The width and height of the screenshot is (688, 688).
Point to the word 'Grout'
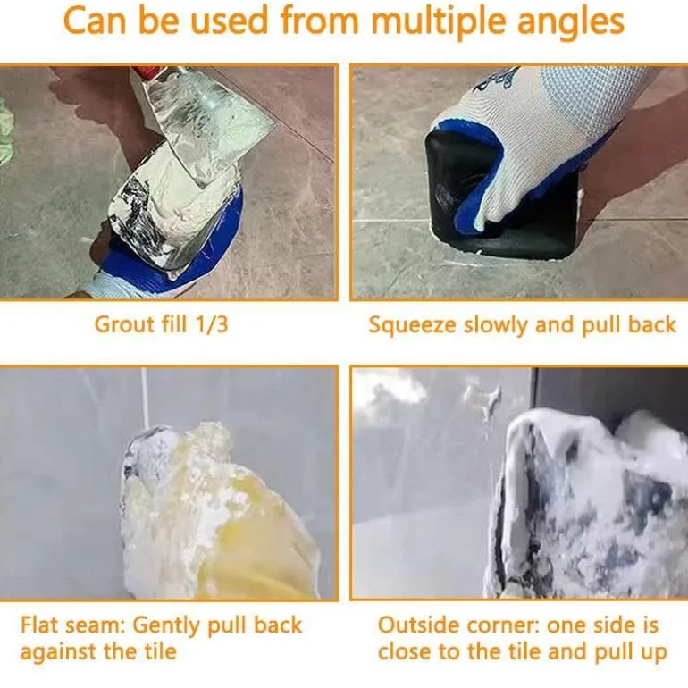pyautogui.click(x=125, y=324)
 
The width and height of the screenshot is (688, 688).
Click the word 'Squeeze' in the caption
pyautogui.click(x=414, y=326)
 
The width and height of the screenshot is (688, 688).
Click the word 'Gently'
pyautogui.click(x=167, y=626)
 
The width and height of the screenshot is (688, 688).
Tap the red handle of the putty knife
pyautogui.click(x=147, y=71)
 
